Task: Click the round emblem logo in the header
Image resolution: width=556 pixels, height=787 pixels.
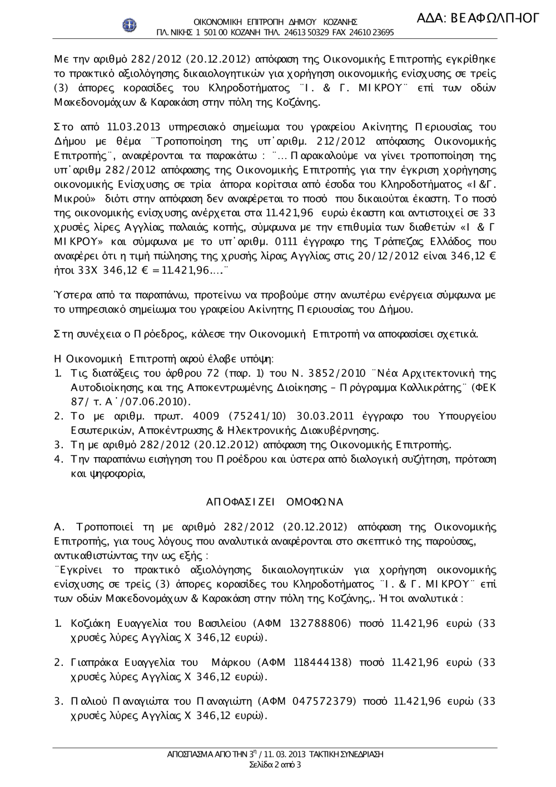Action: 130,25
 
